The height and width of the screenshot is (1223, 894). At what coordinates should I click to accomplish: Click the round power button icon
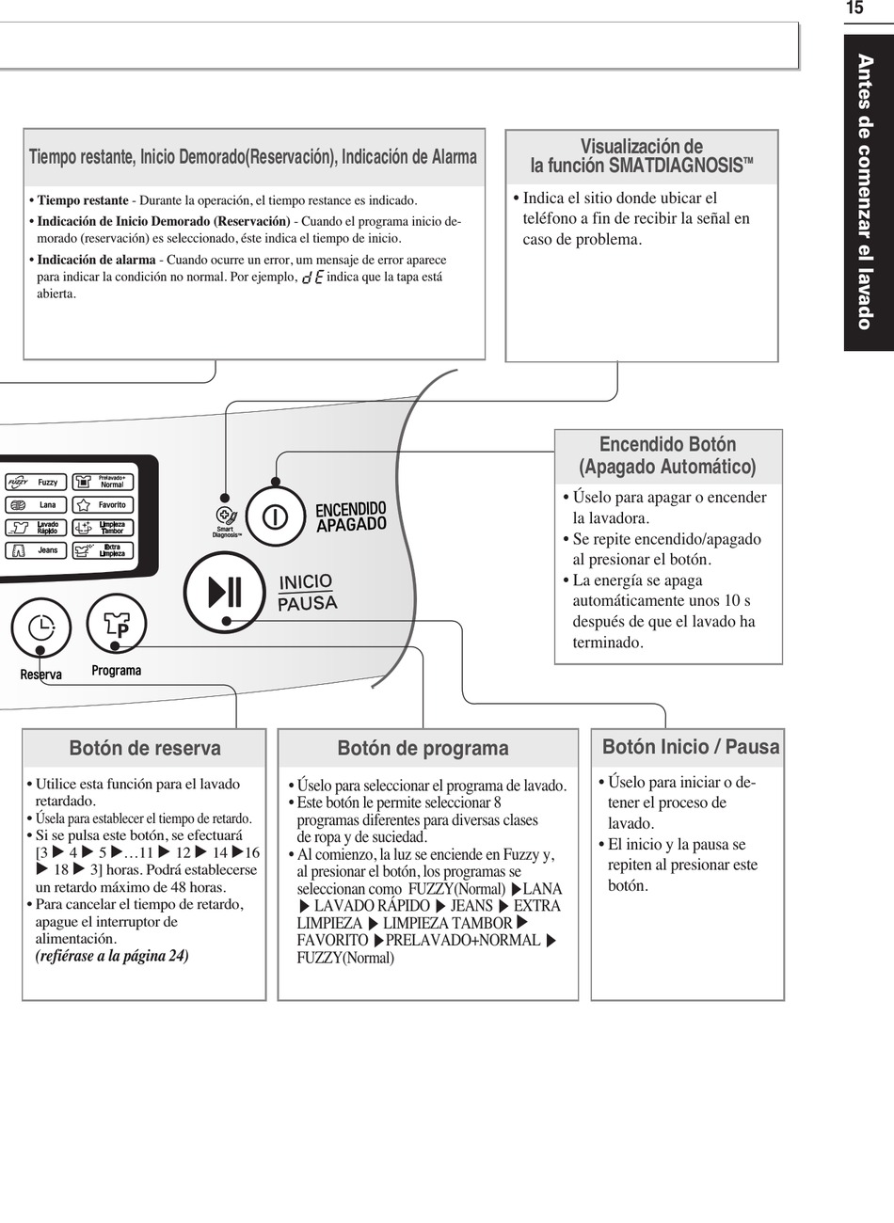point(275,516)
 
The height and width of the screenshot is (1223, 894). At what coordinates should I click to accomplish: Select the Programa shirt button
point(117,625)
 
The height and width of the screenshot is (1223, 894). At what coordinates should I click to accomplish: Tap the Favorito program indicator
point(103,505)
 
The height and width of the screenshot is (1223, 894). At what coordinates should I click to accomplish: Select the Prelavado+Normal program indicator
point(103,482)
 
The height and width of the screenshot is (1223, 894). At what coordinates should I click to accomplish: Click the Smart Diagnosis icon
point(226,516)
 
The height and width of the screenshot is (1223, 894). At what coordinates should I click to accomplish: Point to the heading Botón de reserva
point(145,749)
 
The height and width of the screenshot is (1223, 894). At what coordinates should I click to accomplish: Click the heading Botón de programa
point(423,749)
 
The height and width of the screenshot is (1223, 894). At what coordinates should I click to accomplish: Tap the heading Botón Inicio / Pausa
point(691,747)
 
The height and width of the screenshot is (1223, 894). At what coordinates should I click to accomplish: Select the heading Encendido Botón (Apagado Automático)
point(667,455)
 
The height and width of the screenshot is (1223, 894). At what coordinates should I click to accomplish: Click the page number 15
point(854,8)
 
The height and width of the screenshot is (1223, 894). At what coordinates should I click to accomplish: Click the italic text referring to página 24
point(112,956)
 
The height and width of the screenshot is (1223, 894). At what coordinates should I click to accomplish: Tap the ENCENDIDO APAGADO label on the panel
point(351,516)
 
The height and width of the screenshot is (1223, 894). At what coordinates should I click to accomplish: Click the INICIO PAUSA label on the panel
point(307,592)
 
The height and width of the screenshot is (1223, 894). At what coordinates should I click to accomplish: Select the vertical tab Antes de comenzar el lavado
point(866,192)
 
